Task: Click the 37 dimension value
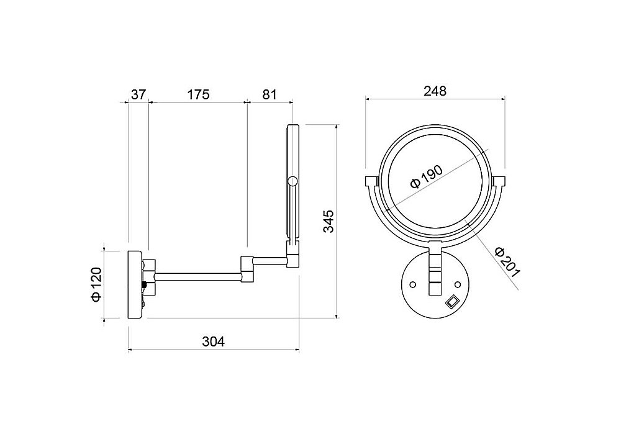pyautogui.click(x=138, y=95)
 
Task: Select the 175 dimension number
pyautogui.click(x=198, y=95)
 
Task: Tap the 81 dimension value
pyautogui.click(x=270, y=95)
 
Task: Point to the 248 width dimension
pyautogui.click(x=435, y=91)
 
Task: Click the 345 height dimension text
pyautogui.click(x=329, y=222)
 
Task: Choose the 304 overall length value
pyautogui.click(x=214, y=341)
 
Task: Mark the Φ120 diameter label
pyautogui.click(x=97, y=285)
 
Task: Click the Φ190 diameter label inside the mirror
pyautogui.click(x=426, y=177)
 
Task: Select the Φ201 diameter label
pyautogui.click(x=507, y=262)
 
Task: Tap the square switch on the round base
pyautogui.click(x=452, y=302)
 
